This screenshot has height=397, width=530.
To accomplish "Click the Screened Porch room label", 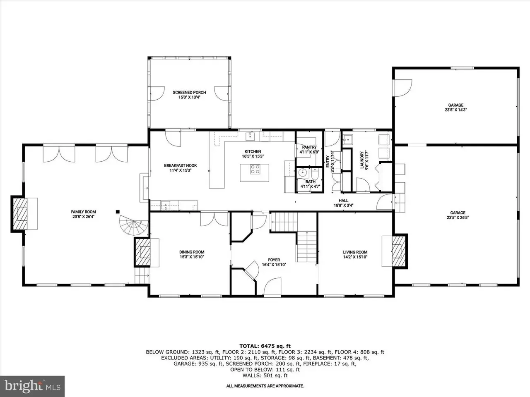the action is click(x=189, y=92).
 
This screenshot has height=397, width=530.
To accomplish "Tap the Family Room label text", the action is click(x=83, y=212).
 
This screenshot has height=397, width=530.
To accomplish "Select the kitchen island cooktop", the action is click(x=255, y=169).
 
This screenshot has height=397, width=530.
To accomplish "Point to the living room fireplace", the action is click(x=400, y=251).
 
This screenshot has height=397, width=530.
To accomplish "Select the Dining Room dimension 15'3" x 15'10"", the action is click(x=192, y=257).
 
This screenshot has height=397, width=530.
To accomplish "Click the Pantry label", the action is click(x=309, y=147).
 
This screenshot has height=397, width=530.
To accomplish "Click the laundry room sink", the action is click(x=348, y=139).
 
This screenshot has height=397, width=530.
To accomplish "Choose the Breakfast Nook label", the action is click(x=181, y=165).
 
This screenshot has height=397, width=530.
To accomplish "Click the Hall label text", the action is click(x=343, y=201).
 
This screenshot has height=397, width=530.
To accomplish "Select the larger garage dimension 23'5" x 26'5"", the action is click(x=458, y=218).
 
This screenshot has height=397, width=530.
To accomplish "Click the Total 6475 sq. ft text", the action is click(x=265, y=347).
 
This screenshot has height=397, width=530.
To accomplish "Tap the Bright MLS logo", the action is click(x=32, y=386).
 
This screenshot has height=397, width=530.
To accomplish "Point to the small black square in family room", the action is click(x=118, y=212).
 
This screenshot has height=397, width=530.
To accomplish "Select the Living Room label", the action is click(x=355, y=252).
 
